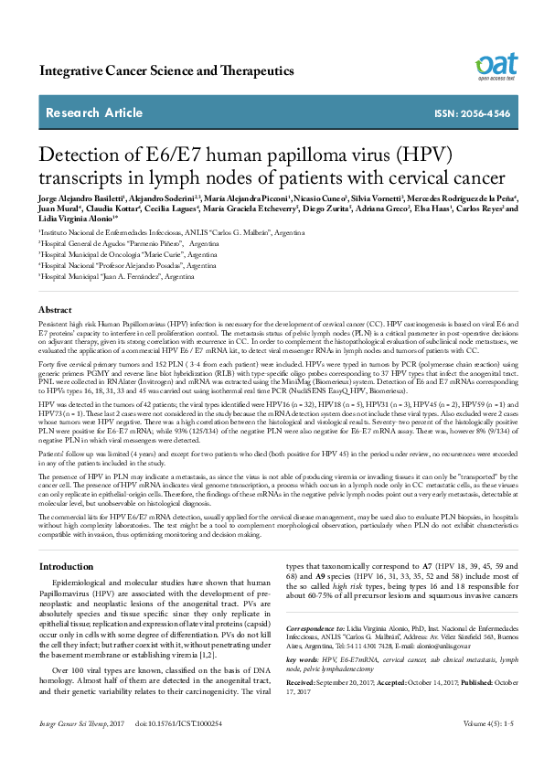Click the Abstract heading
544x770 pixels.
click(x=56, y=311)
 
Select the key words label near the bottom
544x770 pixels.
click(x=302, y=659)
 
